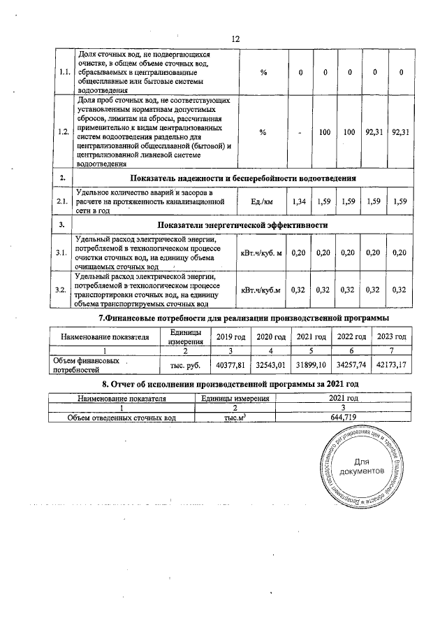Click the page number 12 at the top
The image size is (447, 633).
point(235,38)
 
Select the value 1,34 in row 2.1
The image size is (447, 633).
point(299,202)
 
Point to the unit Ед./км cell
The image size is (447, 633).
point(262,202)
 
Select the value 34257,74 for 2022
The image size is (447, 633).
point(352,365)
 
